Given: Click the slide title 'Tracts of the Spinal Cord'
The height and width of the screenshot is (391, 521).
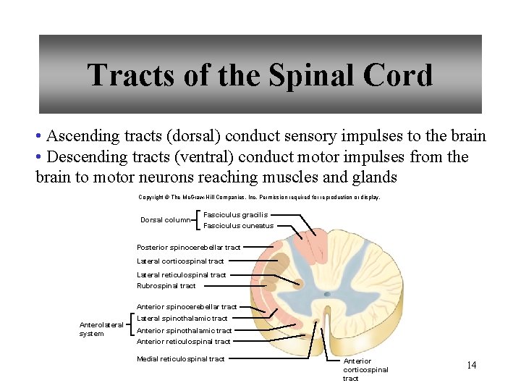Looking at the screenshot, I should point(260,75).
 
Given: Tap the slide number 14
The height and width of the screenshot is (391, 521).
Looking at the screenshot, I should point(471,365).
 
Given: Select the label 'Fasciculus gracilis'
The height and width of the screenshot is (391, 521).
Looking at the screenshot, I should point(235,214).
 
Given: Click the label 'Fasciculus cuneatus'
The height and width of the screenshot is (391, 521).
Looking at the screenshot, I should point(238,226).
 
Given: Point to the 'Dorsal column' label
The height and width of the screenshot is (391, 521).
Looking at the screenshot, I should point(165,220).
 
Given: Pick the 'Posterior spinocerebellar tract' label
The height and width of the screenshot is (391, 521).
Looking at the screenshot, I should point(188,248).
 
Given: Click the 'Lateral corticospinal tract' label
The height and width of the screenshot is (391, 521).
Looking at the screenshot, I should point(180,261).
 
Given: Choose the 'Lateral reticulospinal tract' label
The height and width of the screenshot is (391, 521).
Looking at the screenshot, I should point(181,274).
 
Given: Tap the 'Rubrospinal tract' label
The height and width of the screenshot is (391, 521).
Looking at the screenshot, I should point(166,285).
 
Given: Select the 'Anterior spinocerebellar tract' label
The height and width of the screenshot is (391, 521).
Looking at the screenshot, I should point(187,307).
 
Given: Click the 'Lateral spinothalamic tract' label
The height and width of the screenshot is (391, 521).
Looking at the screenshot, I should point(182,319).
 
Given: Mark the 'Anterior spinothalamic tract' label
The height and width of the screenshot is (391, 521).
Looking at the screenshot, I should point(184,331).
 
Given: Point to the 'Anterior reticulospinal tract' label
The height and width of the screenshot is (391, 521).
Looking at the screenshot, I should point(183,342).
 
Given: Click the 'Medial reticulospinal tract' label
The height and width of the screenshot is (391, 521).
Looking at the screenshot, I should point(180,359).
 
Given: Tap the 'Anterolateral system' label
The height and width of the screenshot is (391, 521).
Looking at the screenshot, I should point(101,329).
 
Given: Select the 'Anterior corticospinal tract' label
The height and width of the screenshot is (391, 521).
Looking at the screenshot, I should point(365,369).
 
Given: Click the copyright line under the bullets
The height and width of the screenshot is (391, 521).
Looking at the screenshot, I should point(258,197).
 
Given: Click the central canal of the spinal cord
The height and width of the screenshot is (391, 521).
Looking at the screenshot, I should point(327,294).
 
